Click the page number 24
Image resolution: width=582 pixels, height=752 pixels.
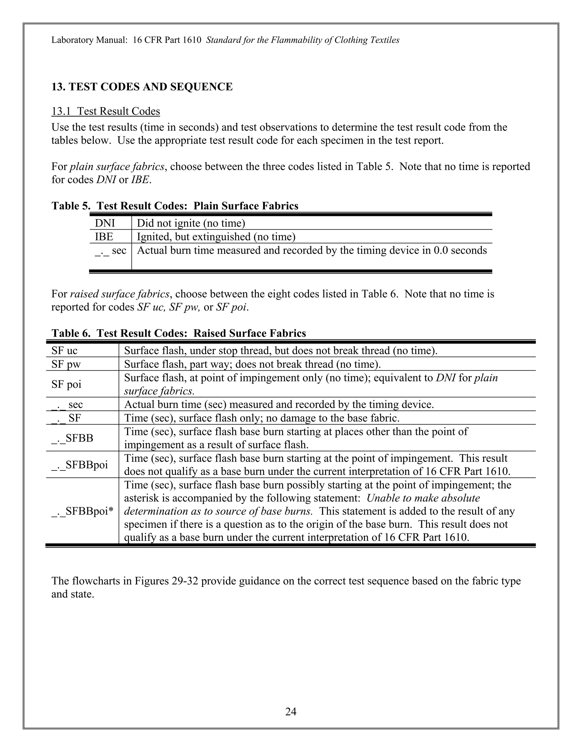[x=291, y=711]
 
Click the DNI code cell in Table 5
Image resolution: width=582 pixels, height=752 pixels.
[x=105, y=223]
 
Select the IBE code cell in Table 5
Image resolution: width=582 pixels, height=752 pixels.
[x=104, y=237]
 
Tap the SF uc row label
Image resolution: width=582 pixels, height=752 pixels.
[x=64, y=350]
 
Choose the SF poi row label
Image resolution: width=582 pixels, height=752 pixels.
[x=66, y=384]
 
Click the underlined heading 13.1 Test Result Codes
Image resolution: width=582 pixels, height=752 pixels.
[x=105, y=111]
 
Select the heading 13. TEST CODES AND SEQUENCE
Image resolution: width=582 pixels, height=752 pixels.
[x=142, y=87]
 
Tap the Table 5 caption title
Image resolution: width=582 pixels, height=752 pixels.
[x=175, y=206]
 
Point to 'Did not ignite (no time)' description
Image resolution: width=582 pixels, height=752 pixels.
[x=191, y=223]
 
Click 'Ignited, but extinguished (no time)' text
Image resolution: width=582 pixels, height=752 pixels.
[x=216, y=237]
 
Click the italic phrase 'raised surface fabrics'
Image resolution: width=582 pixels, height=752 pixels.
[x=120, y=294]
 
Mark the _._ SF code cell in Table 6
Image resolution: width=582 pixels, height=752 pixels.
[x=66, y=418]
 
